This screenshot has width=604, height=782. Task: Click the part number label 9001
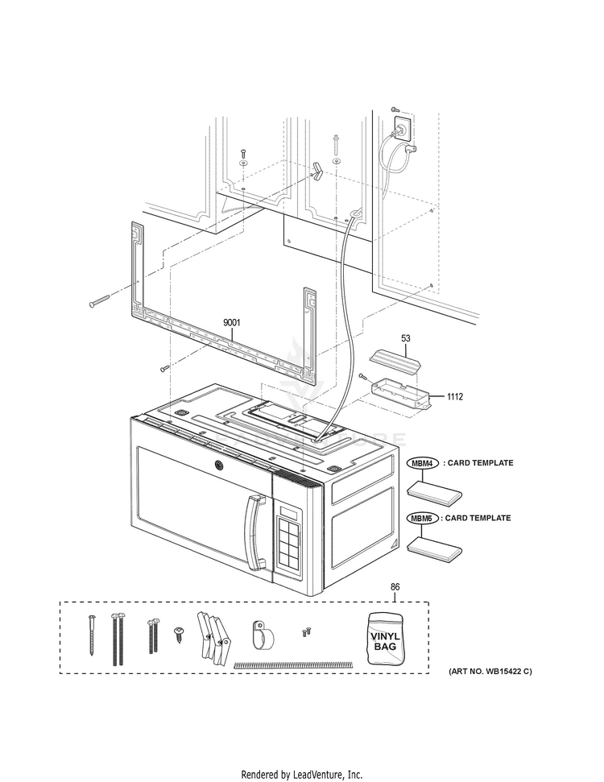click(232, 323)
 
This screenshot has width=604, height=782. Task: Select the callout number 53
click(407, 339)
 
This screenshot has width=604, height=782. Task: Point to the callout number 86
click(395, 589)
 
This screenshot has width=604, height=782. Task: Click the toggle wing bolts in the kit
click(211, 635)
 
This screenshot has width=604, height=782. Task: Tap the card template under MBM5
click(434, 548)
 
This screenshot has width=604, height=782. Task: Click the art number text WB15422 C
click(490, 672)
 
